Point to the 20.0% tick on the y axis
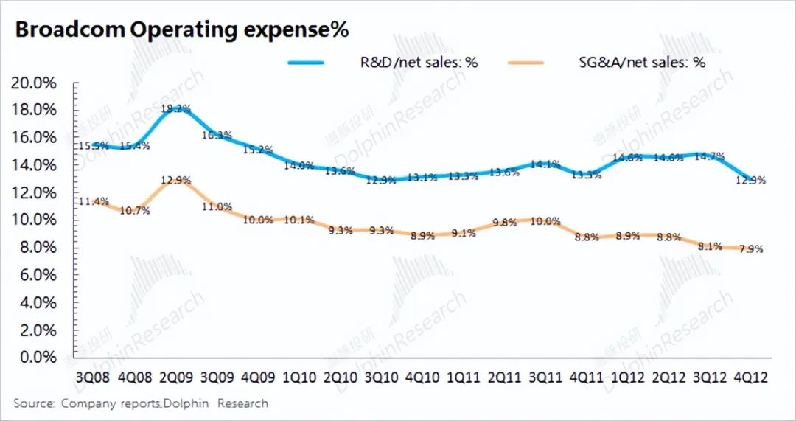[x=35, y=83]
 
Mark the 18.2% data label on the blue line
[x=176, y=109]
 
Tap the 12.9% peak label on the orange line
[x=176, y=179]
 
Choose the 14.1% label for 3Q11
[x=545, y=164]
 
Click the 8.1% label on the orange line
[x=708, y=246]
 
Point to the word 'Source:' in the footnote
[x=34, y=403]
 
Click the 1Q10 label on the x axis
[x=298, y=377]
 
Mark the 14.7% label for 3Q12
[x=709, y=156]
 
